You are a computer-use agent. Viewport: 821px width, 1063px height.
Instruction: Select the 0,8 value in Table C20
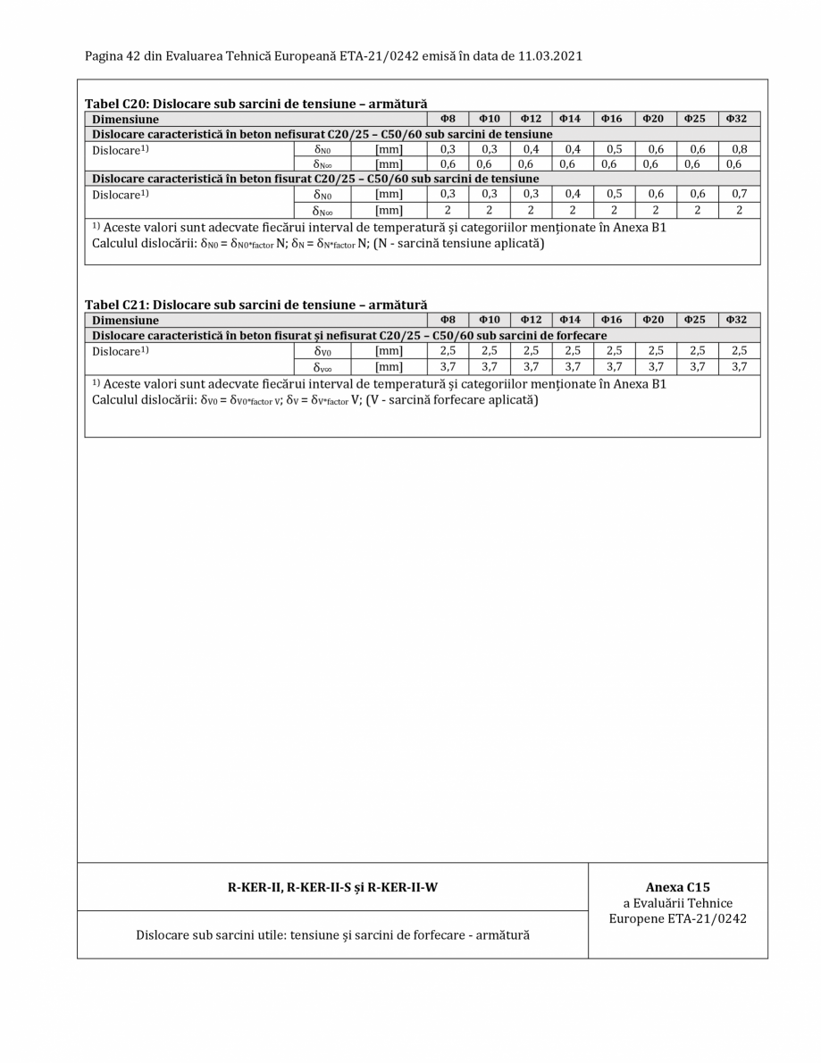coord(738,148)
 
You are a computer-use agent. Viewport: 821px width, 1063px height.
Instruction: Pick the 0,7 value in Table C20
coord(738,193)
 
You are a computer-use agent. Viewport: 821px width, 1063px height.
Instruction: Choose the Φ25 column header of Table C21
coord(696,320)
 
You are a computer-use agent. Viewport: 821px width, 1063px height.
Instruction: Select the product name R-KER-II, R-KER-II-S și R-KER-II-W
coord(332,887)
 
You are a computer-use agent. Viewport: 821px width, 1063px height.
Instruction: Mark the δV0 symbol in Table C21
coord(318,350)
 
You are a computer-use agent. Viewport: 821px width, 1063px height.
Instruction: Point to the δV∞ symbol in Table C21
coord(318,365)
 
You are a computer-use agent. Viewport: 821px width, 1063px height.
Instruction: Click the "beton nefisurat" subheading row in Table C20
coord(319,134)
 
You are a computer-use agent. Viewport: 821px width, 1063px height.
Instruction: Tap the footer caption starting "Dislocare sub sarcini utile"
coord(332,935)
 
